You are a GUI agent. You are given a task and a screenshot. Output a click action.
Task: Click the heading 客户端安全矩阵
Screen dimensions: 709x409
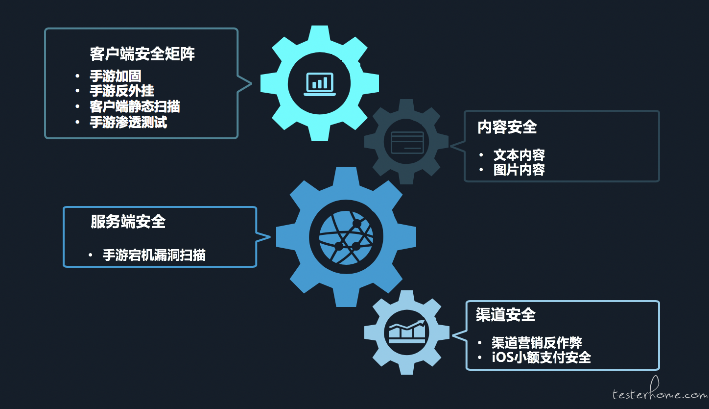coord(142,53)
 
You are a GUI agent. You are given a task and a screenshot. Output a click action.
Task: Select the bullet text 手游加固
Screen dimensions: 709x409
coord(116,76)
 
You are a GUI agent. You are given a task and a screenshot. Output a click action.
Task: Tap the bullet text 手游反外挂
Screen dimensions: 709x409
coord(122,91)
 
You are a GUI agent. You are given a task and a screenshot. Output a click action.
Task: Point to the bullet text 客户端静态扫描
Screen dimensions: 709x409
coord(135,106)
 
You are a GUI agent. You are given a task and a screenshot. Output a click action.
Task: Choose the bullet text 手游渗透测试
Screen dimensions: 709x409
coord(128,122)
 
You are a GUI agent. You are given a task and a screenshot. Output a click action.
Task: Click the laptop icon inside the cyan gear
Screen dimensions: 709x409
coord(320,84)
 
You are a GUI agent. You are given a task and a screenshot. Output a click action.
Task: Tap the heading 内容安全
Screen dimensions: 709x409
coord(507,127)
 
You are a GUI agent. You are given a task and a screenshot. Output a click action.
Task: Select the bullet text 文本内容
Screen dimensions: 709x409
coord(519,155)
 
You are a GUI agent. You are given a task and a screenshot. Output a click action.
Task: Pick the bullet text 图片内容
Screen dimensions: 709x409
coord(519,170)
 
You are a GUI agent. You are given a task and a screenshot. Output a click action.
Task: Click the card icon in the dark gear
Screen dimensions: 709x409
coord(407,142)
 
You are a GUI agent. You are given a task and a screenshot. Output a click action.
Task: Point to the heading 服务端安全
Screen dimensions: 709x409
coord(128,221)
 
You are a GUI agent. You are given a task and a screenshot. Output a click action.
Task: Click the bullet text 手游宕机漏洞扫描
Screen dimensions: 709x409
coord(154,255)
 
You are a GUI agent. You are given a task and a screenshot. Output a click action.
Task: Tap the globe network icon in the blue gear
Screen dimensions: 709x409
coord(346,237)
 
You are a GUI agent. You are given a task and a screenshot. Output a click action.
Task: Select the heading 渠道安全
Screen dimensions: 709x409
coord(505,314)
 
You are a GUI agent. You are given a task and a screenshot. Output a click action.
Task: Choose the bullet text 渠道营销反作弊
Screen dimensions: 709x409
coord(537,343)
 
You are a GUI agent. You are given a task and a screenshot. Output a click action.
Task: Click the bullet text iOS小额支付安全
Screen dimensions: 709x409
coord(541,358)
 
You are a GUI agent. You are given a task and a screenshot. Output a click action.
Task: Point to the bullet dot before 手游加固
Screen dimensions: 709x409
coord(77,76)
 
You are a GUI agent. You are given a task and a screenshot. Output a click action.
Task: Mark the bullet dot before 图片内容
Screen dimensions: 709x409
coord(481,170)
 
